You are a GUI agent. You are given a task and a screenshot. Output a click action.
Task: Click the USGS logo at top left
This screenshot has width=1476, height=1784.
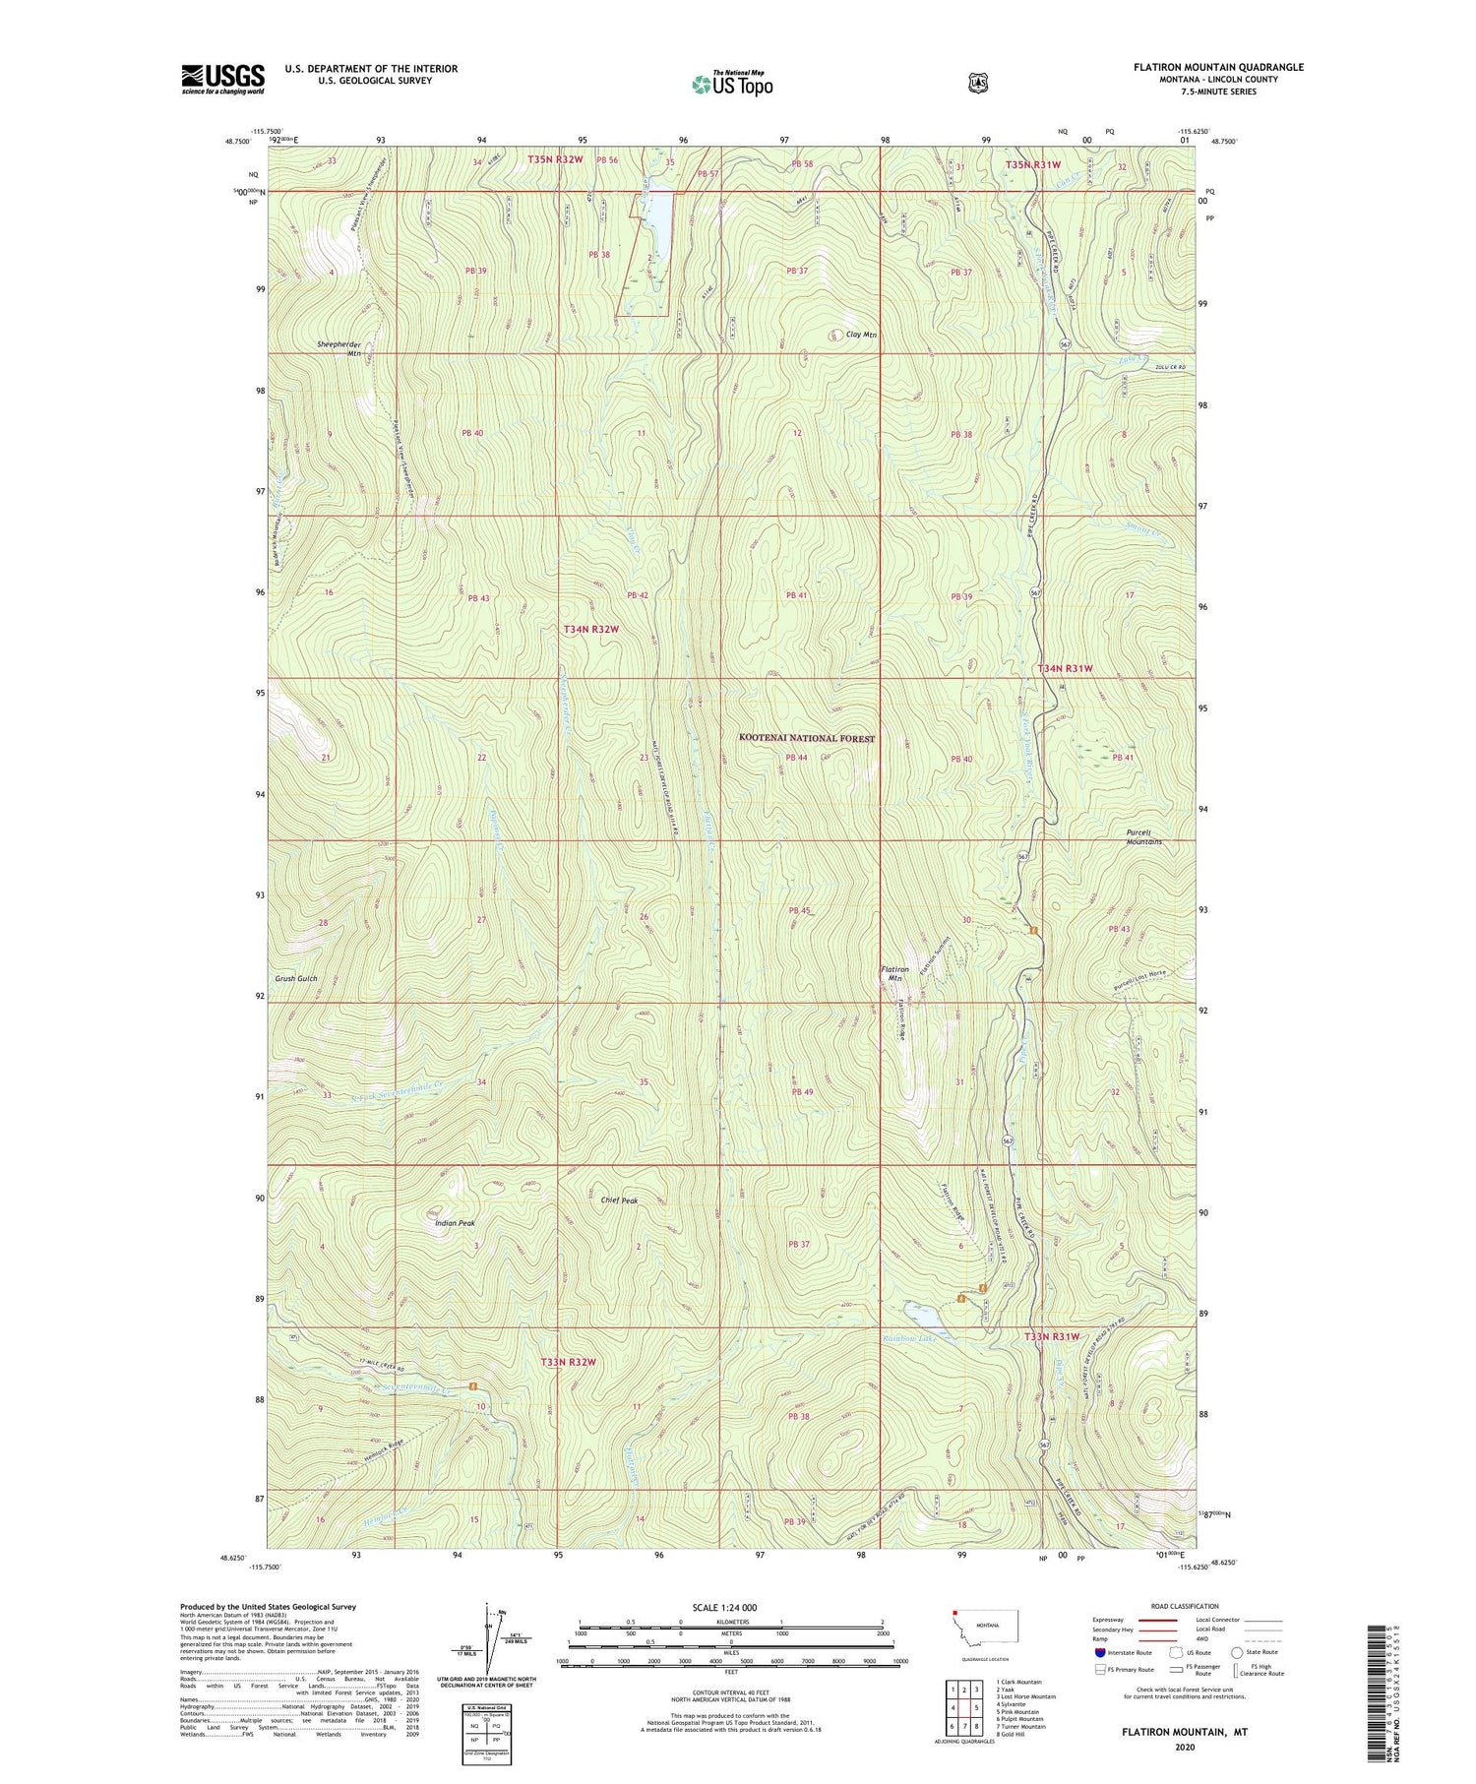[222, 79]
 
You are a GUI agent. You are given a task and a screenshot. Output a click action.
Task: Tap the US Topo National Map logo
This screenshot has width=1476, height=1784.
[732, 84]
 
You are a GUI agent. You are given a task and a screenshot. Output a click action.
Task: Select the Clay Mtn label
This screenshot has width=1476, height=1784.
[861, 335]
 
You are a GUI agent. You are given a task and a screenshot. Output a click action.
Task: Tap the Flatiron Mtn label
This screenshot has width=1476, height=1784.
[893, 973]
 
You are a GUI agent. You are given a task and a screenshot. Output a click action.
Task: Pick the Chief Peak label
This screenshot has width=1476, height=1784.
[619, 1200]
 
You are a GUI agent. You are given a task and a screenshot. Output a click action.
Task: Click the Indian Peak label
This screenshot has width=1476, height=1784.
[455, 1223]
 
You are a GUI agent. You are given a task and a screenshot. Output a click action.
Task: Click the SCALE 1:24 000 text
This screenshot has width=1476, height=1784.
[724, 1607]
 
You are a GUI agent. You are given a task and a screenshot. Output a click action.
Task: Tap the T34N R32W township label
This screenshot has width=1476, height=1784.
[591, 629]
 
